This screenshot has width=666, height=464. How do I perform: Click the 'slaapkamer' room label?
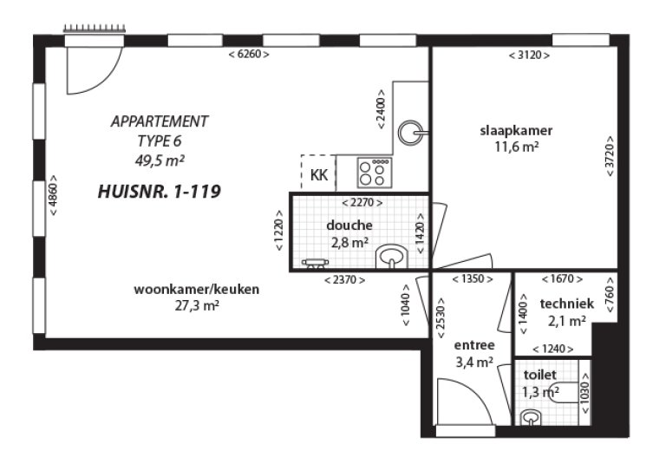click(516, 130)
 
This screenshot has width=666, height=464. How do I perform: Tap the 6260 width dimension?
click(249, 55)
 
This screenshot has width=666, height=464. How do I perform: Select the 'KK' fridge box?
click(318, 173)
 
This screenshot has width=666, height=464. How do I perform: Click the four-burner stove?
click(375, 172)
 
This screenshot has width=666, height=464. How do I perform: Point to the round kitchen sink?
click(411, 133)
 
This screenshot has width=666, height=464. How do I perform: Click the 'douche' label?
click(349, 225)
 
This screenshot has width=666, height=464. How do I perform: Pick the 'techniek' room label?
click(567, 304)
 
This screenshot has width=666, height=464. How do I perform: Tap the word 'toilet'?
click(540, 375)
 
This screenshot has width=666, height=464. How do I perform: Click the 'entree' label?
click(474, 345)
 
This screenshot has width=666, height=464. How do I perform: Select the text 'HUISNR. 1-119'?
click(160, 192)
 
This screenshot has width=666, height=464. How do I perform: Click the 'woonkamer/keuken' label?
click(197, 290)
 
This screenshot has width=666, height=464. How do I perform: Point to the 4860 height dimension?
click(54, 195)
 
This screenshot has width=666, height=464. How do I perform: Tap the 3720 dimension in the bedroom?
click(610, 156)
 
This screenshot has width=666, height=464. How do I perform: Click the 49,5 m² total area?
click(160, 160)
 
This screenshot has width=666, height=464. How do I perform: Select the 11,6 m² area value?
click(517, 147)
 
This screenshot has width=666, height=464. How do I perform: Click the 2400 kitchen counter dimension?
click(381, 109)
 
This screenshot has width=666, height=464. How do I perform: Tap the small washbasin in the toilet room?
click(530, 417)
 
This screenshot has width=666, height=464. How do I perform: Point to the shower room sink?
click(392, 256)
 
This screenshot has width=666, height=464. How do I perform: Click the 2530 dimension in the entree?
click(441, 317)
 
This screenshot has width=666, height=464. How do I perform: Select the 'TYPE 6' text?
click(160, 141)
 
